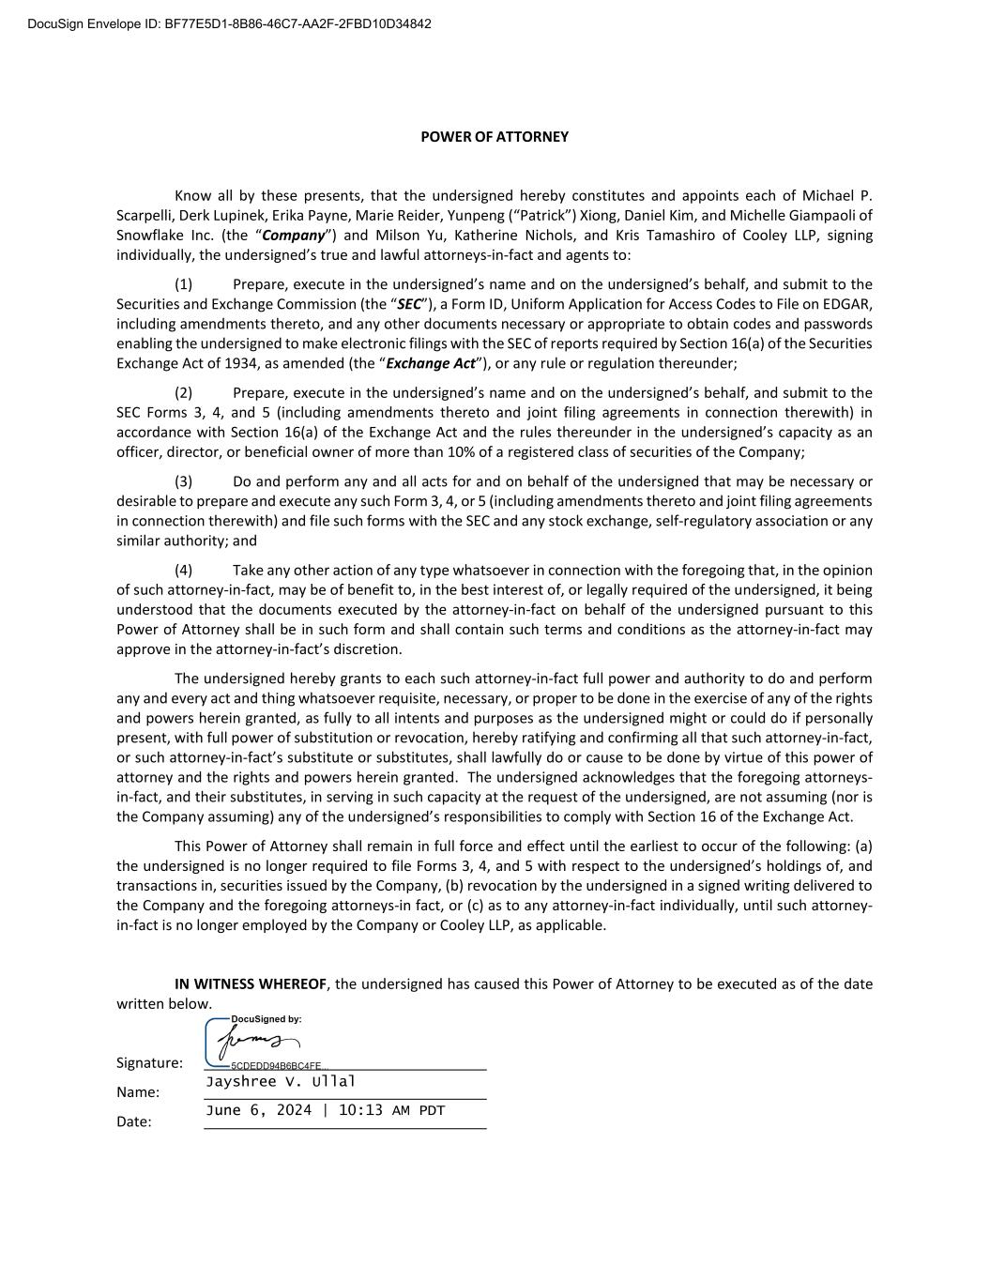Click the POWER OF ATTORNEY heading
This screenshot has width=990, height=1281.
pos(494,137)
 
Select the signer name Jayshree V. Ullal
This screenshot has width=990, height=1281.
pos(281,1081)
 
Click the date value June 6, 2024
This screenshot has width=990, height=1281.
pos(258,1111)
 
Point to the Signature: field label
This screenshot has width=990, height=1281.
pos(149,1063)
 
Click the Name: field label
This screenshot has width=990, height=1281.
pos(138,1092)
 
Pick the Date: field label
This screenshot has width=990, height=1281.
pos(133,1121)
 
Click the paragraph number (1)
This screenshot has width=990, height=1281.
pos(183,284)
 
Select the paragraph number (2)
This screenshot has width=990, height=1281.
pos(183,393)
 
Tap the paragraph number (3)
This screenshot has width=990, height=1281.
pos(183,481)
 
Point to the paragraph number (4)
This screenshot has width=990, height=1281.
pos(183,571)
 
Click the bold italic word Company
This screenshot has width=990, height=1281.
pos(294,236)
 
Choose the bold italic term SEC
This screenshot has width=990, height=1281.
pos(409,304)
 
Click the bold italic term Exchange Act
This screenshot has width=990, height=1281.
pos(430,363)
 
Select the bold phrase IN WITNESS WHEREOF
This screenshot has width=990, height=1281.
pos(251,984)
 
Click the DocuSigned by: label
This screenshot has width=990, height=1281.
pos(266,1019)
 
